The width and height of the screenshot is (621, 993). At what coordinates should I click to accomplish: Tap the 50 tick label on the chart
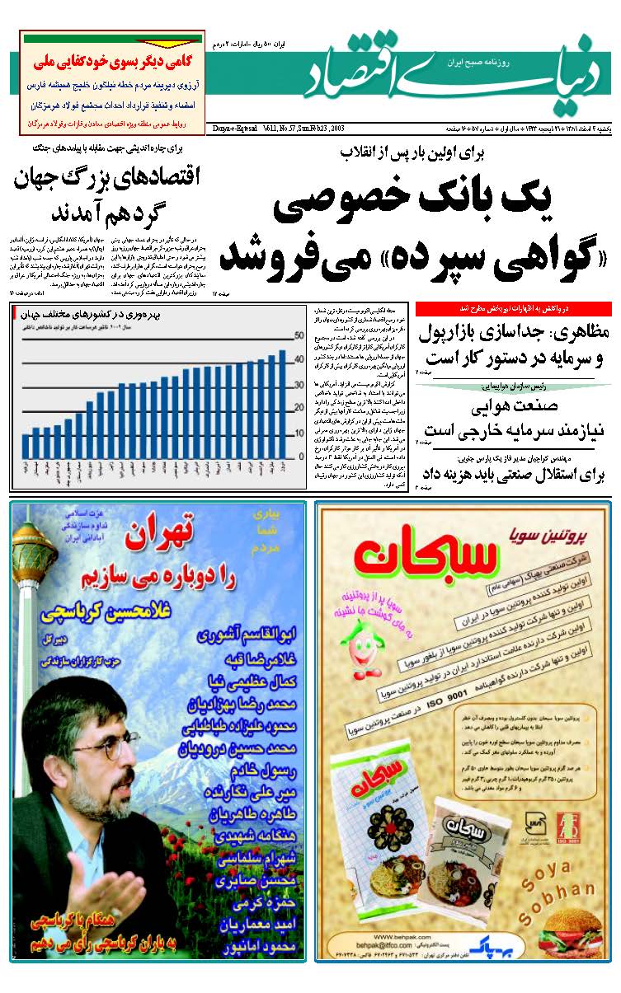[299, 336]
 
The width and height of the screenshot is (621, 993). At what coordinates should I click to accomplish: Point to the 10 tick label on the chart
[299, 432]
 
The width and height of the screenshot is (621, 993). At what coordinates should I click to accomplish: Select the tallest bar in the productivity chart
[281, 405]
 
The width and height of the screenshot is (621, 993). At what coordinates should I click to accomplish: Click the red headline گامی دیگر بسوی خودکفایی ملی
[112, 62]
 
